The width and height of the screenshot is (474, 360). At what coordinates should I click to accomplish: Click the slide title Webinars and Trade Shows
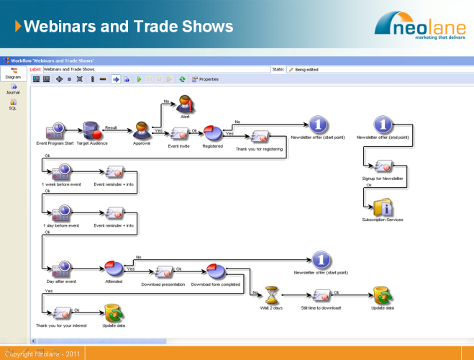click(x=129, y=27)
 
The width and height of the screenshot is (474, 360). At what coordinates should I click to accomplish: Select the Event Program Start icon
click(x=55, y=132)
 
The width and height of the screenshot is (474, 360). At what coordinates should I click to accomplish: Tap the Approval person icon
click(x=142, y=130)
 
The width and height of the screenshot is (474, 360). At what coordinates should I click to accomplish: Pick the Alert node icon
click(x=185, y=102)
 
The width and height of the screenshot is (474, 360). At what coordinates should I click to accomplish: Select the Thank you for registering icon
click(x=259, y=137)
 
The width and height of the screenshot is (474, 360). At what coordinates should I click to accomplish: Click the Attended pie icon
click(x=114, y=269)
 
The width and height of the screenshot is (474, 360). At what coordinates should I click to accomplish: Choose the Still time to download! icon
click(x=322, y=294)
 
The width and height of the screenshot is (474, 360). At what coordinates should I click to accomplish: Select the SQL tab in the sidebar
click(x=13, y=104)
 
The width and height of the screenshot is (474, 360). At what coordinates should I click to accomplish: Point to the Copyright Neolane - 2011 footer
click(x=42, y=354)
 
